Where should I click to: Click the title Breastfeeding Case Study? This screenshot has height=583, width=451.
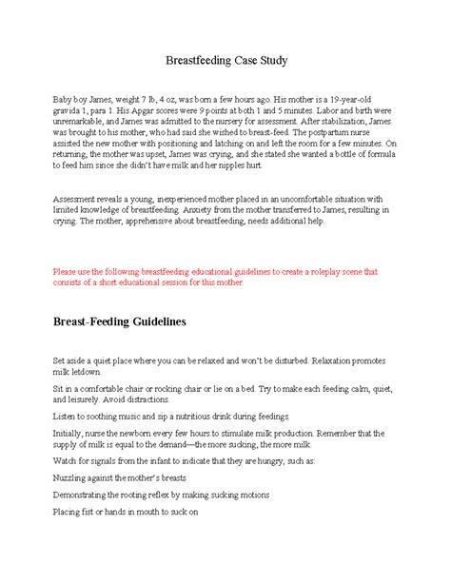click(x=225, y=62)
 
